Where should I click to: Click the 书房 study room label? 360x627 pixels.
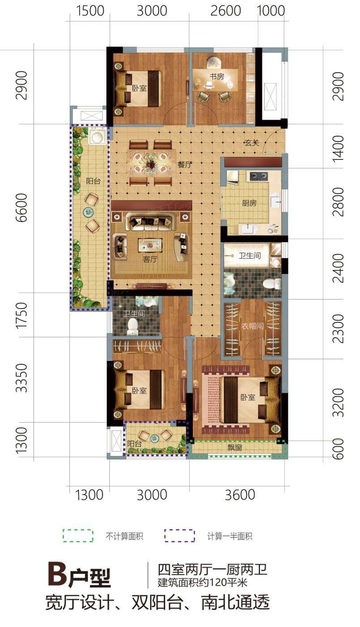217,76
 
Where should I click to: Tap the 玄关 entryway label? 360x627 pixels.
252,143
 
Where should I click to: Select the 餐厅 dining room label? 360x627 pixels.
185,164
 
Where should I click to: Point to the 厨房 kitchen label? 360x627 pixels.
249,203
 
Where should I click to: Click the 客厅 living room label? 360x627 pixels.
150,259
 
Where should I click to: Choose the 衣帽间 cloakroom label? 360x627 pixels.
253,326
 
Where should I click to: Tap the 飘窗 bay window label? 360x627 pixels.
235,447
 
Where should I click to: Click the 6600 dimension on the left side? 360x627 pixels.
21,208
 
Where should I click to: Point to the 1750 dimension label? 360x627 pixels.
21,315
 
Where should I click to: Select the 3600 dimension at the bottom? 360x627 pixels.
240,495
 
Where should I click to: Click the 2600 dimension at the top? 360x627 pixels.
226,11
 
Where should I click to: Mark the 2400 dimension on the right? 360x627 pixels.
338,268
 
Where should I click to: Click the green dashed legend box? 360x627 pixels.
78,536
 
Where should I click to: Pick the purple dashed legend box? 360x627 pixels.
180,536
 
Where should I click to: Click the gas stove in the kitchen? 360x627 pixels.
259,176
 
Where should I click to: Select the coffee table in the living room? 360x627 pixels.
150,245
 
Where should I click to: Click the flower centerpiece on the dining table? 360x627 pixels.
151,164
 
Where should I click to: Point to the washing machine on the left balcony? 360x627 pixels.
98,136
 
